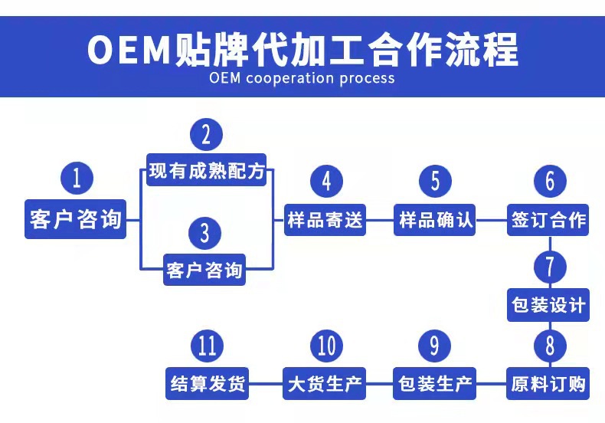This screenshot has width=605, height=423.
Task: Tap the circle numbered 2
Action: [206, 135]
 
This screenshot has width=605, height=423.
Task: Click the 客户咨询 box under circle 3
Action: [204, 270]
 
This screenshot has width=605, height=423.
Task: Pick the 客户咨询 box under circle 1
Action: [76, 219]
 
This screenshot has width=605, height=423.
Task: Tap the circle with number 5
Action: [435, 182]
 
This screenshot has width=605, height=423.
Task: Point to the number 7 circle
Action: [549, 267]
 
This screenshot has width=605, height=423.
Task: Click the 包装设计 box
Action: [548, 307]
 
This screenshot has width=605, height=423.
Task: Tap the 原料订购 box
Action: [548, 382]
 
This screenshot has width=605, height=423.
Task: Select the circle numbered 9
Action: [435, 346]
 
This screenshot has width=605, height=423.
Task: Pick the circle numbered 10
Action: [326, 346]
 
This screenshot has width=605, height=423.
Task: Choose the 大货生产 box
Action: [324, 382]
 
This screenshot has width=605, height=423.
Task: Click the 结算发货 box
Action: [207, 382]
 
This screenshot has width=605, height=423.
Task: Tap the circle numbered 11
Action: [206, 346]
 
